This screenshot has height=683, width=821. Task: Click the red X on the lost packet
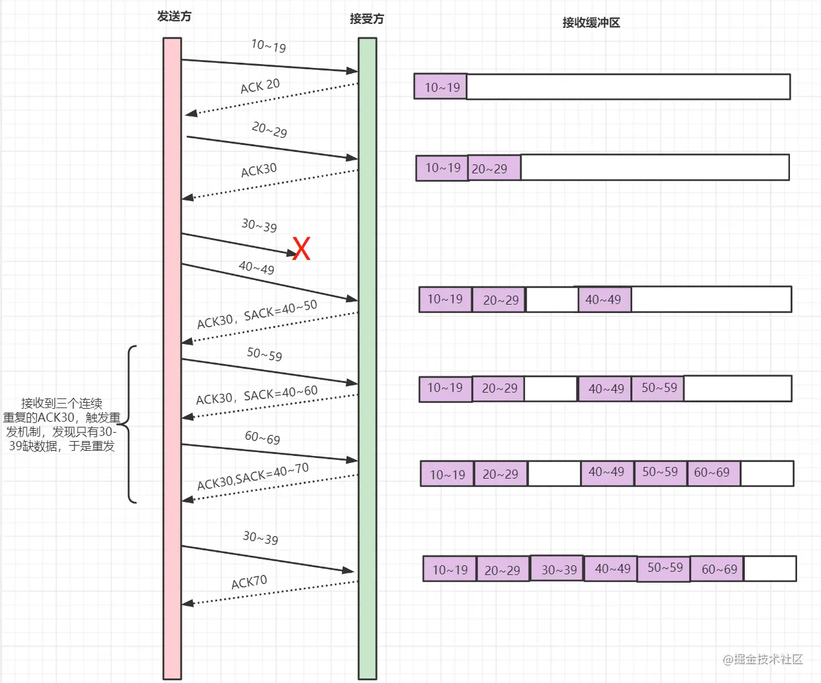click(x=301, y=248)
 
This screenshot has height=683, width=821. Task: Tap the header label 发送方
click(x=174, y=17)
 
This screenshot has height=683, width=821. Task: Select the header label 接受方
click(x=367, y=19)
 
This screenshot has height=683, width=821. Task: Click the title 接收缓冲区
click(x=591, y=23)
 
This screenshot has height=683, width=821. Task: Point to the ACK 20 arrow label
click(x=260, y=86)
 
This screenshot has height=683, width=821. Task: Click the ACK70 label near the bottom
click(x=249, y=582)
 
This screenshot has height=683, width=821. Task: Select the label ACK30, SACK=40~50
click(x=257, y=314)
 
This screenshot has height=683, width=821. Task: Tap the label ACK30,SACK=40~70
click(x=253, y=477)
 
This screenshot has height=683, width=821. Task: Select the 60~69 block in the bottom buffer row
click(x=718, y=569)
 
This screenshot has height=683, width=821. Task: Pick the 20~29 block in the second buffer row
click(x=494, y=168)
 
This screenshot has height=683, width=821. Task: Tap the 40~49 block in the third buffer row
click(x=604, y=299)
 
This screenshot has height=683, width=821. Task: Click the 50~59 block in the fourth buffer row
click(x=658, y=388)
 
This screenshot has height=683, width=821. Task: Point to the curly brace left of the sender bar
click(x=129, y=424)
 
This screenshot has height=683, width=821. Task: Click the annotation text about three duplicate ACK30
click(x=61, y=424)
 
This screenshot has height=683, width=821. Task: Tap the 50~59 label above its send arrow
click(x=264, y=354)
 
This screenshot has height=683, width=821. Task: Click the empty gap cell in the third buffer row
click(x=551, y=299)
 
